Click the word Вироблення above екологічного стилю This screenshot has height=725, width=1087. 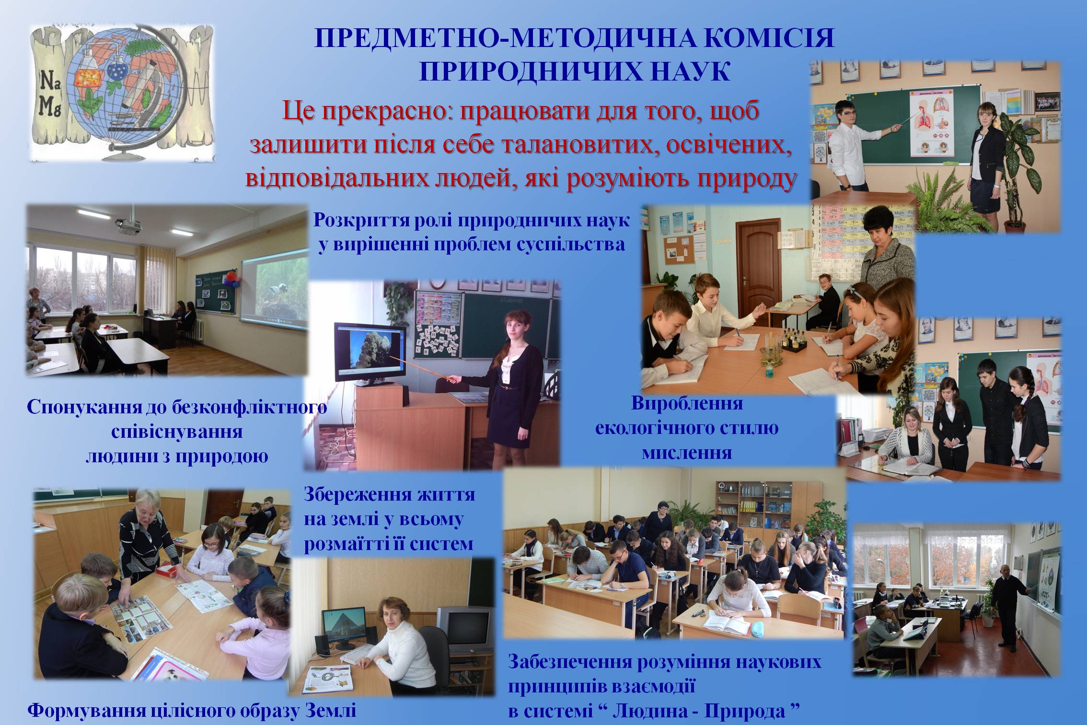tap(687, 404)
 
